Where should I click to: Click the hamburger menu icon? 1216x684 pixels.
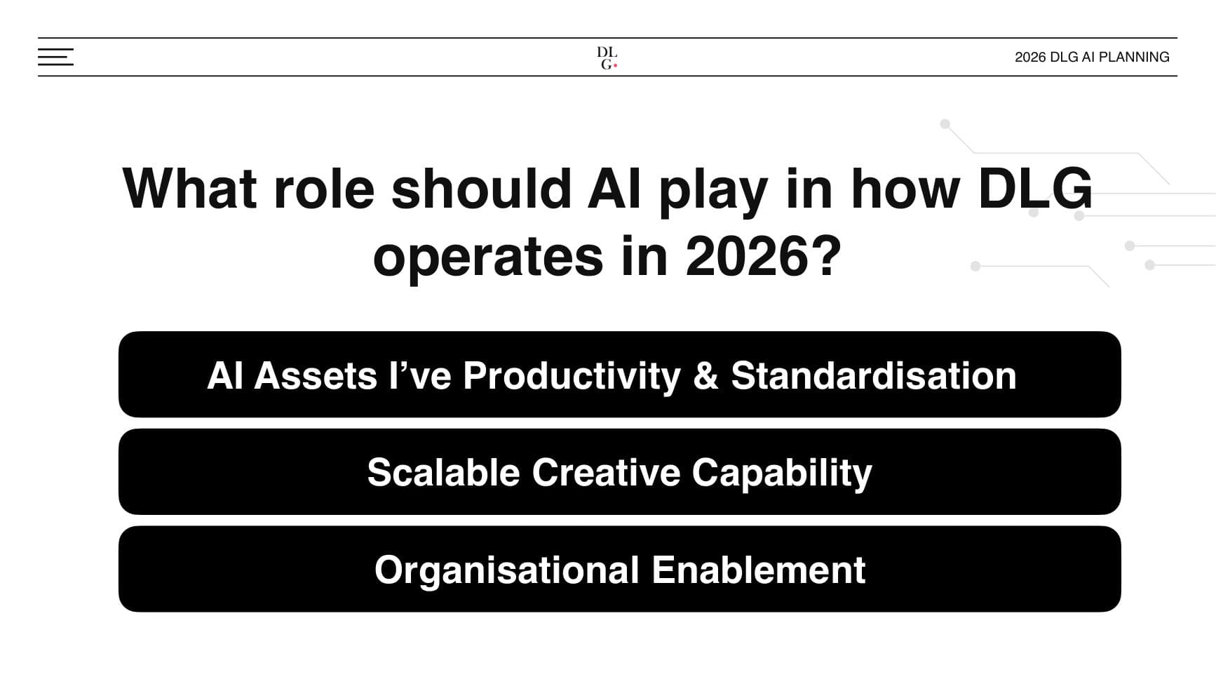(x=55, y=57)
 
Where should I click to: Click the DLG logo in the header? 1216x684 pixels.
(x=607, y=58)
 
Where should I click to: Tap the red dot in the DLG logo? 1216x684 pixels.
(x=615, y=66)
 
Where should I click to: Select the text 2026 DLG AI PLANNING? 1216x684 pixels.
(x=1092, y=57)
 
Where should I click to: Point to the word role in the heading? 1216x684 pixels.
(x=324, y=189)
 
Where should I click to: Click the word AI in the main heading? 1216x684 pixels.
(x=614, y=189)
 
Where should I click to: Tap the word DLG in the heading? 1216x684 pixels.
(x=1035, y=189)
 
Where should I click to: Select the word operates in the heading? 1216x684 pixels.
(x=488, y=256)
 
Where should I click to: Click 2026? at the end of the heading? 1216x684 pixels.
(x=763, y=256)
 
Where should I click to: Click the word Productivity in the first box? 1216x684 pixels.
(x=572, y=375)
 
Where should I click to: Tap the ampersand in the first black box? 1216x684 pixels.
(x=705, y=375)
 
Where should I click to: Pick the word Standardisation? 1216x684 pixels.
(x=874, y=375)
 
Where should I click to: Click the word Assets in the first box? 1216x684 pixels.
(x=316, y=375)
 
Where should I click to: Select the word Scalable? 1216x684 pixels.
(x=443, y=472)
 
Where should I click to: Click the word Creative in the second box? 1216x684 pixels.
(x=606, y=472)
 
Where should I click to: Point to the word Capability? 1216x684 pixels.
(x=782, y=472)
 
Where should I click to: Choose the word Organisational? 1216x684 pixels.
(x=506, y=570)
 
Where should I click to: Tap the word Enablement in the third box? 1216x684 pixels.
(x=758, y=570)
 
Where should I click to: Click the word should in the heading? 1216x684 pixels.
(x=481, y=189)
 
